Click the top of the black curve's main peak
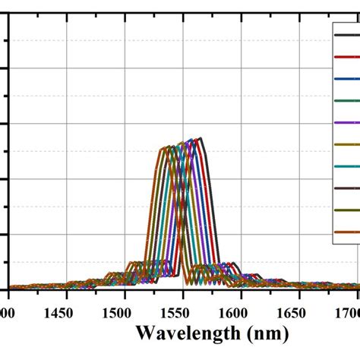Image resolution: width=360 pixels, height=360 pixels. (x=200, y=138)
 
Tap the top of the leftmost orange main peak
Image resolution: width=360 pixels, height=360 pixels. (x=162, y=148)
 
